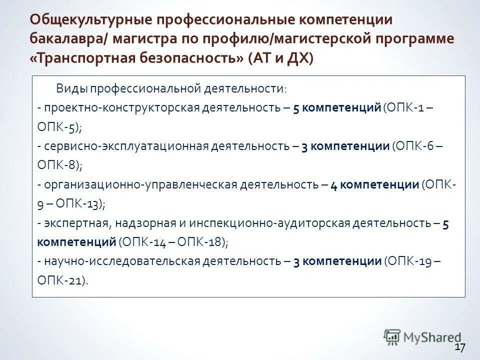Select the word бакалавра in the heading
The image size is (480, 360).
65,39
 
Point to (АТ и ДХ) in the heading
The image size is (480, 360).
280,58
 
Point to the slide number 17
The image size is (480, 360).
460,347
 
